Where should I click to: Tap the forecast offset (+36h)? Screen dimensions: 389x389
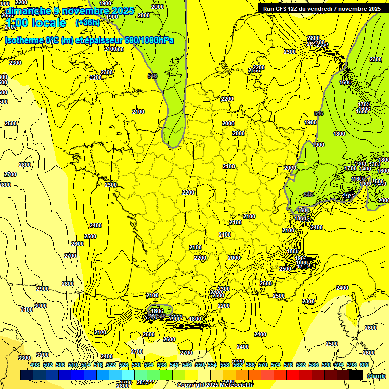[88, 23]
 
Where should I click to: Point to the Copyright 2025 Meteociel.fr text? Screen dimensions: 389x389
[215, 385]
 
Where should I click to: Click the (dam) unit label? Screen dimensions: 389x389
[375, 376]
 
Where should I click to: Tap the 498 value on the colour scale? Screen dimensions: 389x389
[35, 365]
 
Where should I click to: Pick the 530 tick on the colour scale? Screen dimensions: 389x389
[136, 365]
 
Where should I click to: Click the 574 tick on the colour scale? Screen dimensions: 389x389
[276, 365]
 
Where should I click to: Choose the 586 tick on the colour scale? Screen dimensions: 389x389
[314, 365]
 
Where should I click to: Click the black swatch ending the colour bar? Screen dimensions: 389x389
[356, 375]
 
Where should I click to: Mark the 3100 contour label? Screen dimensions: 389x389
[27, 309]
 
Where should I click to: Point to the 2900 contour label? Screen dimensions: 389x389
[43, 289]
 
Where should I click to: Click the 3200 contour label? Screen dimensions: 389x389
[43, 355]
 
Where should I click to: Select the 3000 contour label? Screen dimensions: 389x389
[41, 306]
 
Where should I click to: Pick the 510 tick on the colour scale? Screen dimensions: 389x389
[73, 365]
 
